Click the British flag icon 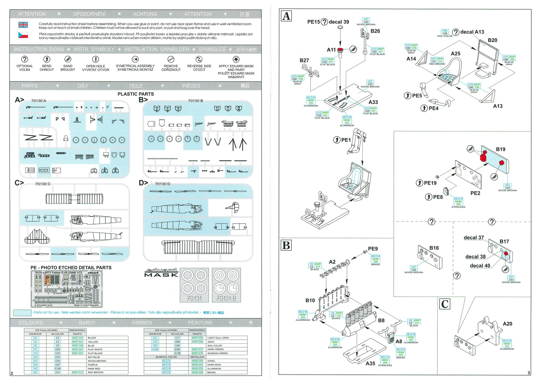click(23, 25)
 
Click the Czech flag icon click(23, 35)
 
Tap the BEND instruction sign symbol click(47, 59)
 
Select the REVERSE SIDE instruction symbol click(199, 59)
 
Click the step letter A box click(286, 16)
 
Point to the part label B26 click(375, 31)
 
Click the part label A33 click(373, 102)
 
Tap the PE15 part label click(313, 22)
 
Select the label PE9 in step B click(373, 249)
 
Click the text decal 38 click(475, 257)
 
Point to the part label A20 click(507, 324)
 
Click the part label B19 click(500, 149)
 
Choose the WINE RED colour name click(94, 369)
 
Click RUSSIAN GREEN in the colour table click(217, 353)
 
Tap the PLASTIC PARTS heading click(136, 94)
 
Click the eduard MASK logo click(161, 273)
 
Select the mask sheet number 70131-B click(226, 299)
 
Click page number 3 click(529, 373)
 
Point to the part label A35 click(370, 363)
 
